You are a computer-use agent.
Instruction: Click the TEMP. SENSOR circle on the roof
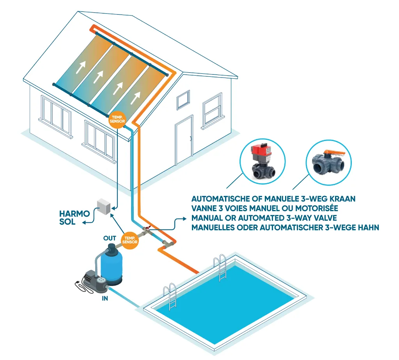117,119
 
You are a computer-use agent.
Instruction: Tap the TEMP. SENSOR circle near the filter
130,240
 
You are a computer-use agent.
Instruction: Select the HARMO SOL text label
74,217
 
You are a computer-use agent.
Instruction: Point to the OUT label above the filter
110,238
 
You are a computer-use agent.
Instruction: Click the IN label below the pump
105,298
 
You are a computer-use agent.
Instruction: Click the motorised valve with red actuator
263,161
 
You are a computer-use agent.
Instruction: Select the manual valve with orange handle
329,162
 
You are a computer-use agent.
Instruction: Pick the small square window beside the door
183,100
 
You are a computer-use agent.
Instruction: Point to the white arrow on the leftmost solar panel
80,67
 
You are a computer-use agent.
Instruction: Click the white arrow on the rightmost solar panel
136,98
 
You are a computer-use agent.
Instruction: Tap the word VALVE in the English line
325,218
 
